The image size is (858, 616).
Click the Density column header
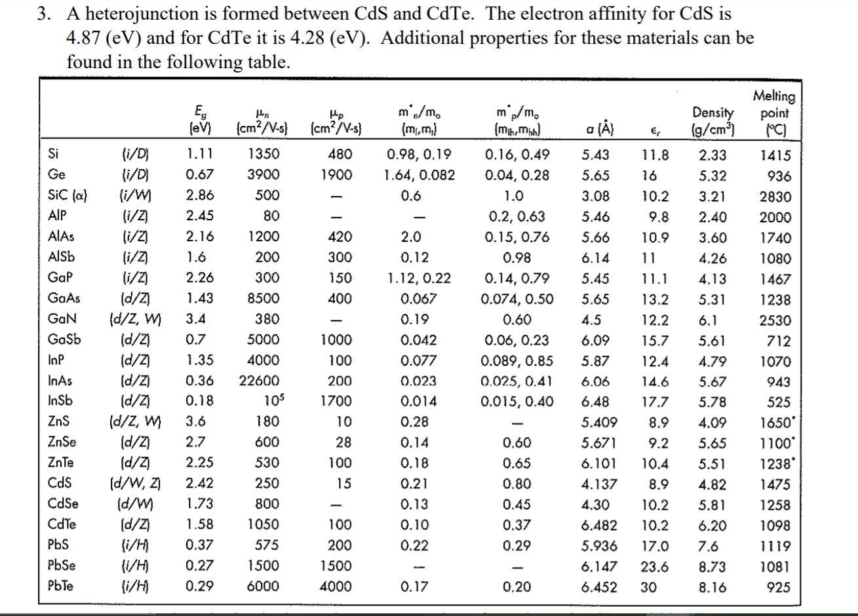[713, 121]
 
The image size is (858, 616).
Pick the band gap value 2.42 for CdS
[199, 484]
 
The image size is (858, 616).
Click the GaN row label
[62, 320]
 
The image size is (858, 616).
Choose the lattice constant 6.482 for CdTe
[598, 525]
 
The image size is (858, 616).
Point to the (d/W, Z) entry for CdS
[134, 484]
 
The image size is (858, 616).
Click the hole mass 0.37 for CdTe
[517, 525]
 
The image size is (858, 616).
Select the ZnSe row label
[62, 442]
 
